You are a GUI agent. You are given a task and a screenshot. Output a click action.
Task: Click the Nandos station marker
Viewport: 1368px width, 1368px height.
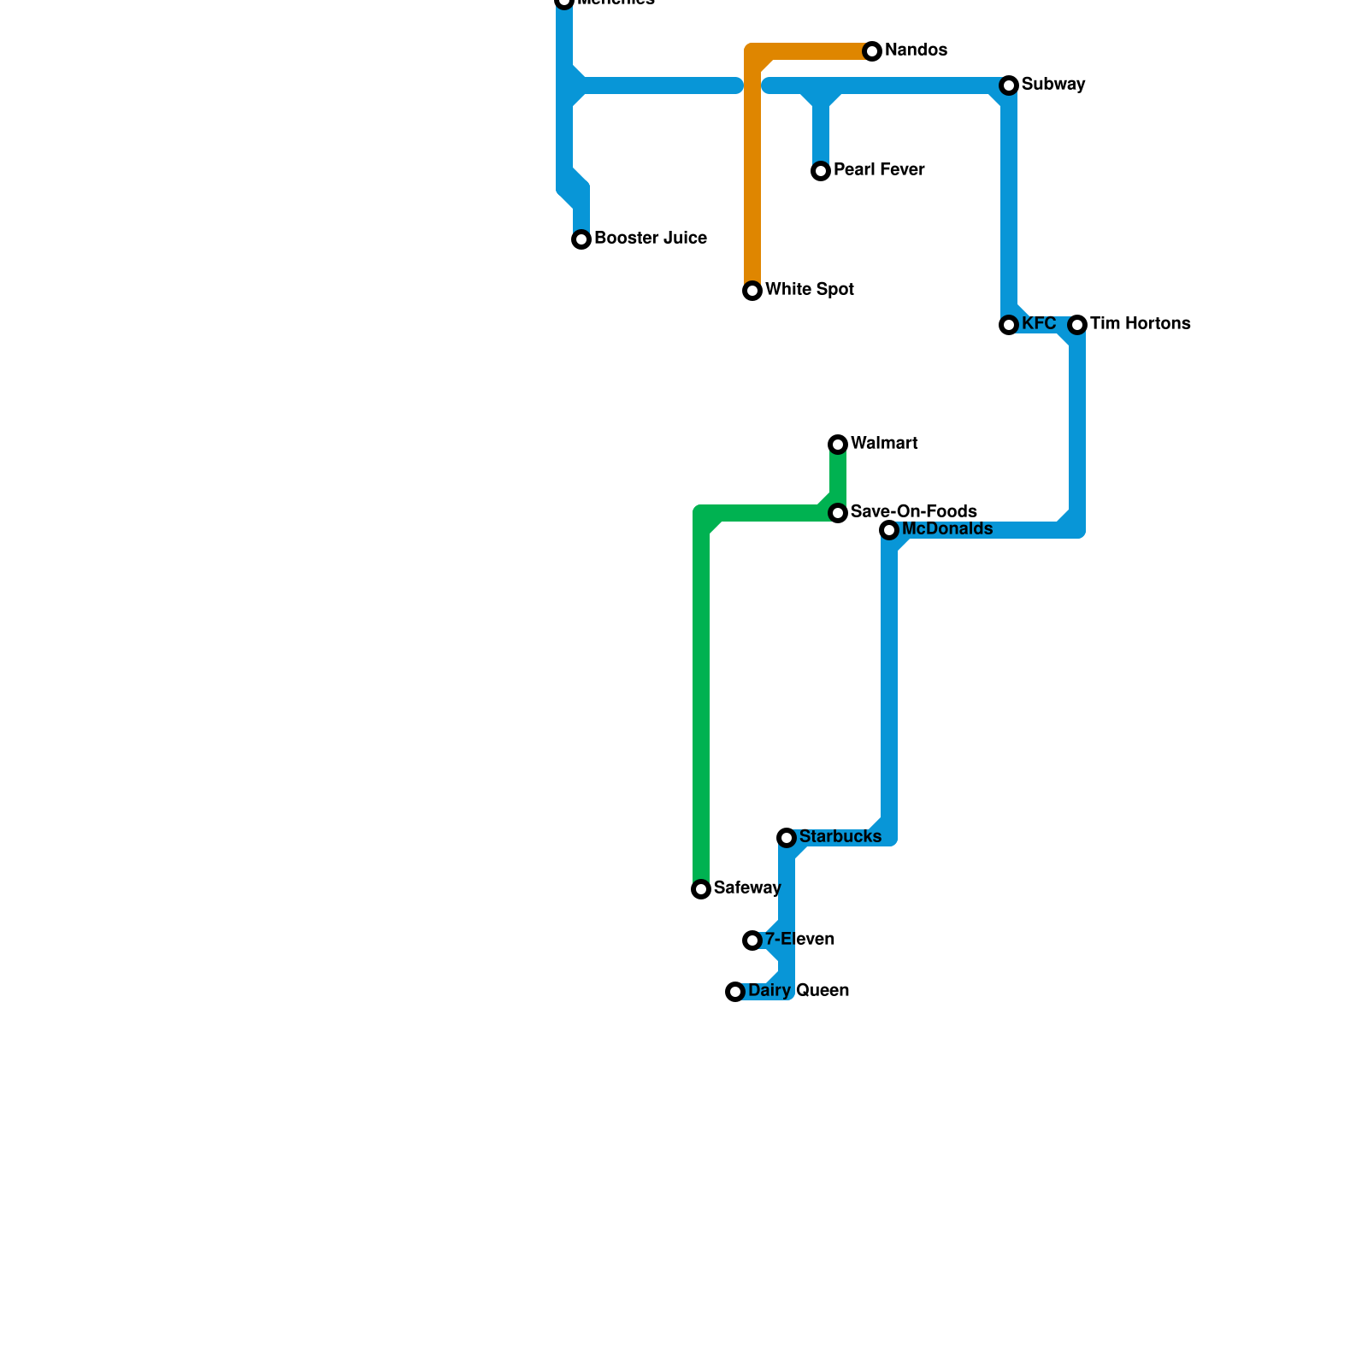click(872, 51)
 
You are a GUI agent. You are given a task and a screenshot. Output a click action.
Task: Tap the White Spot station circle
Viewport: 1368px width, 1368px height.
click(752, 291)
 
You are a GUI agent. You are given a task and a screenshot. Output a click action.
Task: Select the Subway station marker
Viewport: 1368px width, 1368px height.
click(1009, 85)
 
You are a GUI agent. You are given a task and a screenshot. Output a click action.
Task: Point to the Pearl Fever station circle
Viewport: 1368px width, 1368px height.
click(821, 171)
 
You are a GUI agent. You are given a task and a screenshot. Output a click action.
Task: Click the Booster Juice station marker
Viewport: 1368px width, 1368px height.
click(581, 239)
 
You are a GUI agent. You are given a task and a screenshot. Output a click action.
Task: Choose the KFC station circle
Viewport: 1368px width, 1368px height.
click(1009, 325)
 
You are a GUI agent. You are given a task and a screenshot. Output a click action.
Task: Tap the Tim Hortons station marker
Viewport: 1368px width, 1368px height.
click(1077, 325)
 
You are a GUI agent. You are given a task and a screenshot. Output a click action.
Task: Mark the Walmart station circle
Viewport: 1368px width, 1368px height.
click(838, 445)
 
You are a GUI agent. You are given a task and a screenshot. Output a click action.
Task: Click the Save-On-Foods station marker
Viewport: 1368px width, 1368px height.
click(838, 513)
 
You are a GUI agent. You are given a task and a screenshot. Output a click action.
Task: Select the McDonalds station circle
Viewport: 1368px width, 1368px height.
click(889, 530)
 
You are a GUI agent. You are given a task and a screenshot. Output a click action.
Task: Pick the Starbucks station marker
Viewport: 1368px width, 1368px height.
click(787, 838)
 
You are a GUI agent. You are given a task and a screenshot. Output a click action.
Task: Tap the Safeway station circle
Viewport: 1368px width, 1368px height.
click(701, 889)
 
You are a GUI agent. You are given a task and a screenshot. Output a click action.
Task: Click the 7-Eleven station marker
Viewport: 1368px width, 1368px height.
click(752, 940)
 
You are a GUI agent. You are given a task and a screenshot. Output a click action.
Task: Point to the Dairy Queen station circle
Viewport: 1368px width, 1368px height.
click(735, 992)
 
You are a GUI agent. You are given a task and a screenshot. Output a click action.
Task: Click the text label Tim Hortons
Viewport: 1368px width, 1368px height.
click(1140, 324)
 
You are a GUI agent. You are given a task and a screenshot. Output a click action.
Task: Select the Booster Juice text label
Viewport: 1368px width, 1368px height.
click(650, 239)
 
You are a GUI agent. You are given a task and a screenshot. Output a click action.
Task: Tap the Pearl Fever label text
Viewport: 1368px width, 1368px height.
click(878, 170)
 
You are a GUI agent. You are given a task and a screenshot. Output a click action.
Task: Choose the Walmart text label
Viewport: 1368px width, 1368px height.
click(884, 444)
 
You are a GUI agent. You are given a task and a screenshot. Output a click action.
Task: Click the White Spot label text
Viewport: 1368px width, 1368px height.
click(809, 290)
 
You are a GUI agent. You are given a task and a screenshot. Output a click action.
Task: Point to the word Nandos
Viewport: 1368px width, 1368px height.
click(916, 50)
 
